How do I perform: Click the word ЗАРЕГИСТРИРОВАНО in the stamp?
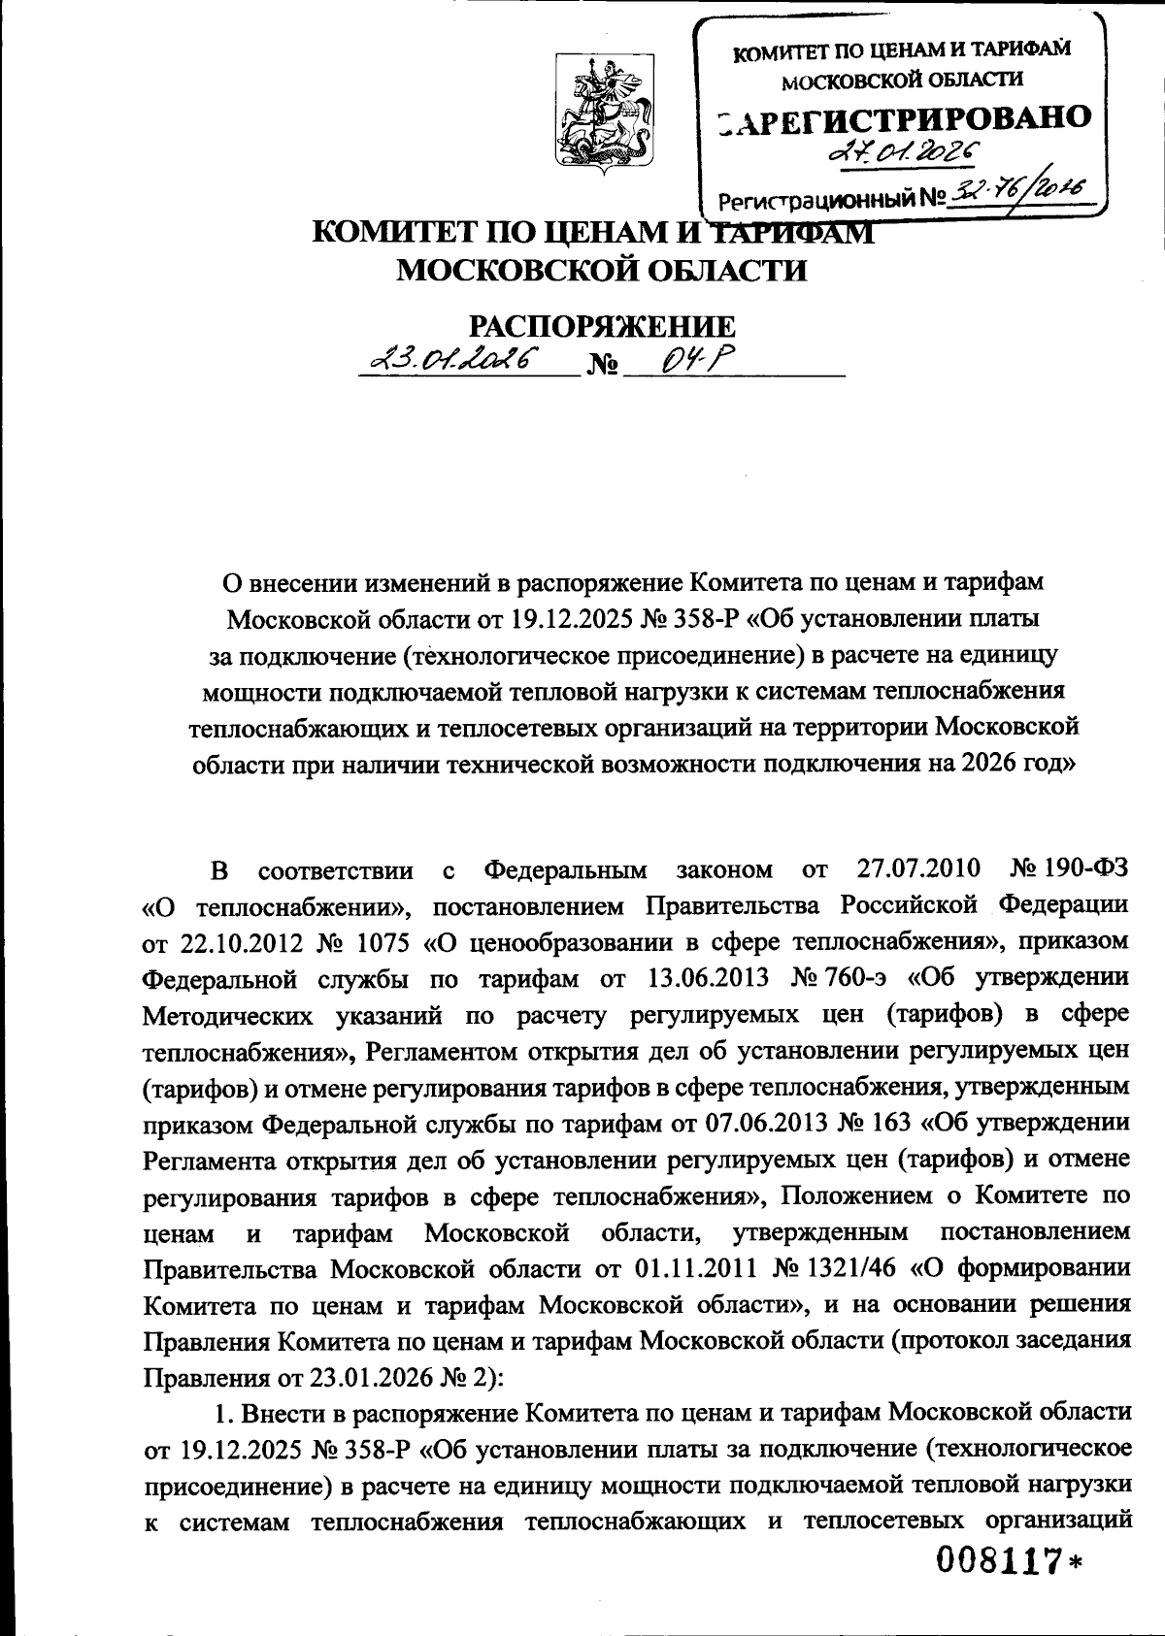pyautogui.click(x=903, y=117)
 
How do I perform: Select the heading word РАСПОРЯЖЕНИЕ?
pyautogui.click(x=602, y=326)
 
